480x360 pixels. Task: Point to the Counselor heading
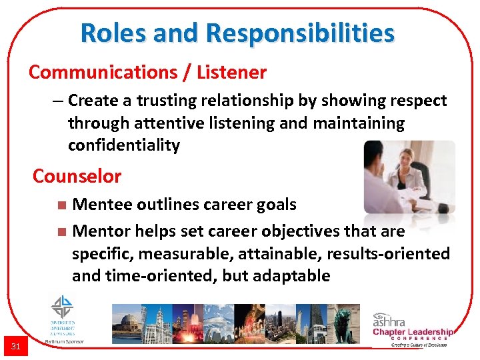click(77, 177)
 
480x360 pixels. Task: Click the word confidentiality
click(124, 145)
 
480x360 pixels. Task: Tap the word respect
click(417, 101)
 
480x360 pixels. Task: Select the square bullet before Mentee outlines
click(61, 205)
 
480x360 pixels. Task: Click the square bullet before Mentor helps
click(61, 232)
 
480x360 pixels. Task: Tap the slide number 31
click(16, 345)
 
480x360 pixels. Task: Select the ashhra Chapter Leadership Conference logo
click(412, 328)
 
